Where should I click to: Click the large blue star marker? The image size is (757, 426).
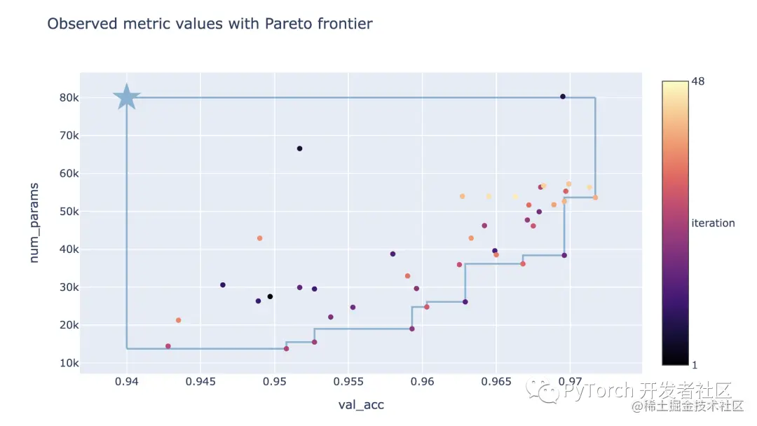click(126, 97)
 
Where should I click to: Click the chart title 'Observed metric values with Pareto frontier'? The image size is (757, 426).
click(210, 24)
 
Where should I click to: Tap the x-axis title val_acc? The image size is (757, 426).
click(361, 404)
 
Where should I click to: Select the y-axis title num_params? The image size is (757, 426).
click(34, 224)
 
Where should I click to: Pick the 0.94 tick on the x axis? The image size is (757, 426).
click(127, 383)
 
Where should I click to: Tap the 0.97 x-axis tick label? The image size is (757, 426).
click(569, 383)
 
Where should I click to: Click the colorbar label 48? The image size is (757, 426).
click(698, 82)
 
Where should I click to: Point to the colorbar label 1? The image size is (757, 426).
click(694, 364)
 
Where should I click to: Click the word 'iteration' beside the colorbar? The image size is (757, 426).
click(713, 224)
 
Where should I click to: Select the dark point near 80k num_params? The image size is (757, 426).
click(563, 97)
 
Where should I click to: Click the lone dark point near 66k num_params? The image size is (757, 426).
click(299, 149)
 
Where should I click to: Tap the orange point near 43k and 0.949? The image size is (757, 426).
click(259, 238)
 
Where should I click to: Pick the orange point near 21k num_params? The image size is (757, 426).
click(178, 320)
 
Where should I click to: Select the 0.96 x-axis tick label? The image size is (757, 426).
click(422, 383)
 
